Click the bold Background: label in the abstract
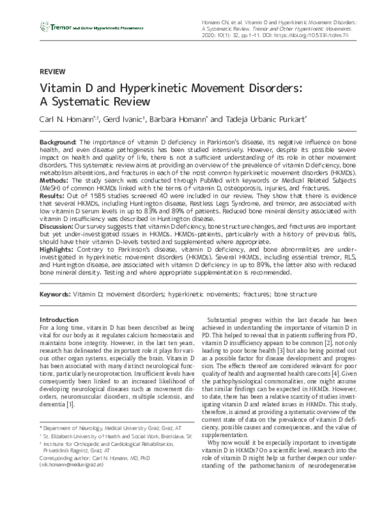pyautogui.click(x=59, y=141)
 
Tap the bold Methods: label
pyautogui.click(x=56, y=177)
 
